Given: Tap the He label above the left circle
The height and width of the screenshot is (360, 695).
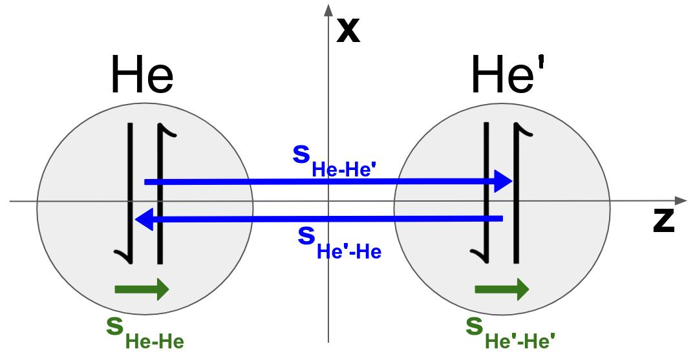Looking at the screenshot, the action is tap(142, 75).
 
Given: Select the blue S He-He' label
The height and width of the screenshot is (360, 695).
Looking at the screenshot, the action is tap(334, 161).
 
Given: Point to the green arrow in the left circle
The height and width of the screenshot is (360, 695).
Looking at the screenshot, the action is tap(142, 289).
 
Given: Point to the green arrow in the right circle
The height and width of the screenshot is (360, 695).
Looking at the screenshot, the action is tap(502, 289).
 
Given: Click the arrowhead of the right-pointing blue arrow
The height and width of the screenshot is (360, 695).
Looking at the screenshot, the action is tap(503, 182).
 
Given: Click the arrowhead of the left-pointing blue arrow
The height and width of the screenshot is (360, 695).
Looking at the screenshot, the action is tap(144, 220).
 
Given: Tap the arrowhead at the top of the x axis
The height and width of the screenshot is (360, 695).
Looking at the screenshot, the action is tap(328, 9).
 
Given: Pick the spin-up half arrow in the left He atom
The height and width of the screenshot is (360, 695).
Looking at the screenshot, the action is tap(159, 194).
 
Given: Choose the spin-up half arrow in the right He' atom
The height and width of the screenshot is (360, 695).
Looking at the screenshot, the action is tap(517, 194).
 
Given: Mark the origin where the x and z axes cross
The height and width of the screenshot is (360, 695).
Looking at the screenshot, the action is tap(328, 201).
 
